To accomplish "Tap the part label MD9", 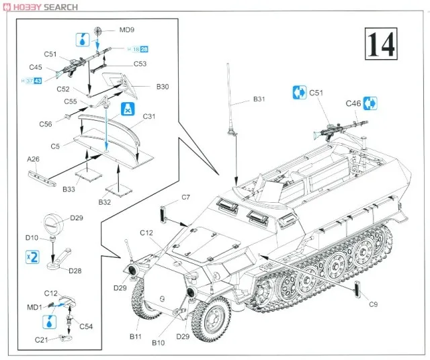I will point(127,30).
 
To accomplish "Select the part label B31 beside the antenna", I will point(259,99).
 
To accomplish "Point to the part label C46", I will point(353,103).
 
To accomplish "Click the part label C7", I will point(186,197).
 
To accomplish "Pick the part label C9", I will point(373,304).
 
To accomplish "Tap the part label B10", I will point(159,342).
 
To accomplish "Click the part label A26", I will point(34,159).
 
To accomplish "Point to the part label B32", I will point(104,201).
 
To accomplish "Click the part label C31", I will point(148,116).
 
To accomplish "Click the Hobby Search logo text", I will point(40,7).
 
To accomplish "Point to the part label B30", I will point(163,86).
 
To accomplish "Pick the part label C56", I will point(46,124).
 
